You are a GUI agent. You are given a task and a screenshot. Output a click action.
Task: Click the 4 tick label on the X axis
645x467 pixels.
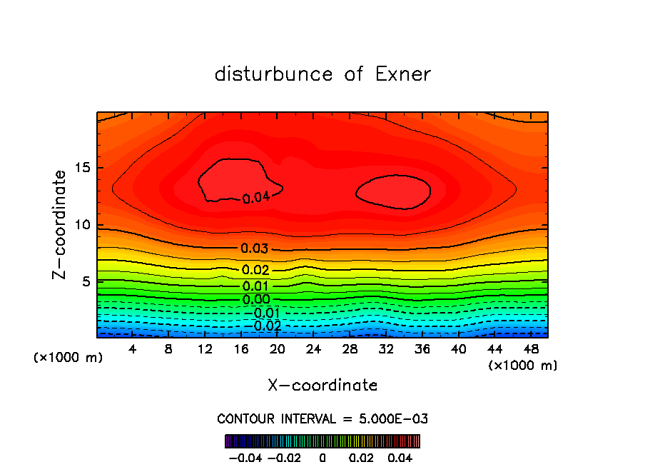[x=133, y=349]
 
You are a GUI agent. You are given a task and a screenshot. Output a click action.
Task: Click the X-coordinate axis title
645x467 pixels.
[x=322, y=386]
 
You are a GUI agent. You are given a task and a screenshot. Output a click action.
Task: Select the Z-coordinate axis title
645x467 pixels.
[x=61, y=224]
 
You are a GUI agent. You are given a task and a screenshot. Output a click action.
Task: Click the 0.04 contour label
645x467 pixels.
[x=255, y=198]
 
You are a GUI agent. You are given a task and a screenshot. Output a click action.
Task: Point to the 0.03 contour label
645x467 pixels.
[x=255, y=248]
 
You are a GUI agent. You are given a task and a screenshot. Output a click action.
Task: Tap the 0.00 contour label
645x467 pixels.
[x=256, y=300]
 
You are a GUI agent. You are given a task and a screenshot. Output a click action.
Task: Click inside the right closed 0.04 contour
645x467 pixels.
[x=393, y=191]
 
